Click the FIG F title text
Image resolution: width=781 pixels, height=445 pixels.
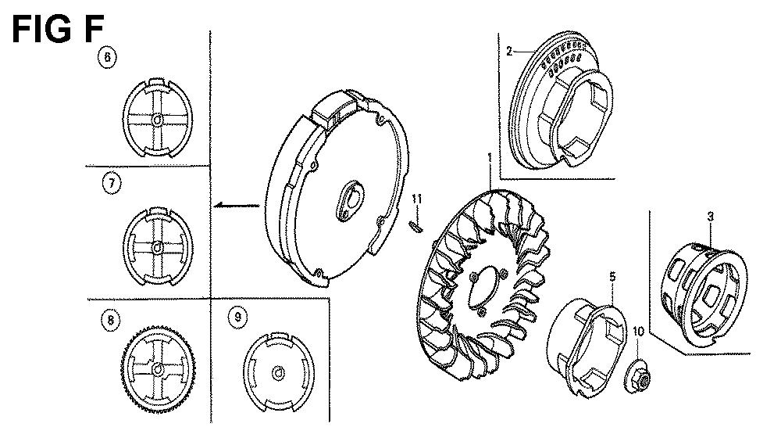pyautogui.click(x=57, y=29)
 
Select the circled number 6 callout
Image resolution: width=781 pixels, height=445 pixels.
pyautogui.click(x=107, y=57)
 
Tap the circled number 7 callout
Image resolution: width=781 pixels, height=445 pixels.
pyautogui.click(x=112, y=184)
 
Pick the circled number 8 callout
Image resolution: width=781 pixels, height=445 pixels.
pyautogui.click(x=111, y=320)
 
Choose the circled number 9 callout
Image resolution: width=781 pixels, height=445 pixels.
pyautogui.click(x=237, y=317)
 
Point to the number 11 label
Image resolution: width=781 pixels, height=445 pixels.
pyautogui.click(x=417, y=199)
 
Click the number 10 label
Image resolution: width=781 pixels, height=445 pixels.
pyautogui.click(x=638, y=332)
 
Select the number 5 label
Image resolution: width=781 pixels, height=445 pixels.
pyautogui.click(x=612, y=276)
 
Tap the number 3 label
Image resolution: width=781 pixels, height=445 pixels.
pyautogui.click(x=711, y=217)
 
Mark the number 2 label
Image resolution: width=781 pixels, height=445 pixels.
pyautogui.click(x=509, y=52)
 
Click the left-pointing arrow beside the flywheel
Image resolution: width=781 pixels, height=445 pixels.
pyautogui.click(x=237, y=205)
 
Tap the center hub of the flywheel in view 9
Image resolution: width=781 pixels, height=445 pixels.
pyautogui.click(x=279, y=373)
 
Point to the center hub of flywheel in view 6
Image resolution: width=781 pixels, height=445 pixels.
pyautogui.click(x=158, y=120)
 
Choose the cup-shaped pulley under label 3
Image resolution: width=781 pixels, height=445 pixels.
pyautogui.click(x=704, y=294)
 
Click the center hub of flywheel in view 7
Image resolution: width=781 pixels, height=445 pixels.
pyautogui.click(x=158, y=247)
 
